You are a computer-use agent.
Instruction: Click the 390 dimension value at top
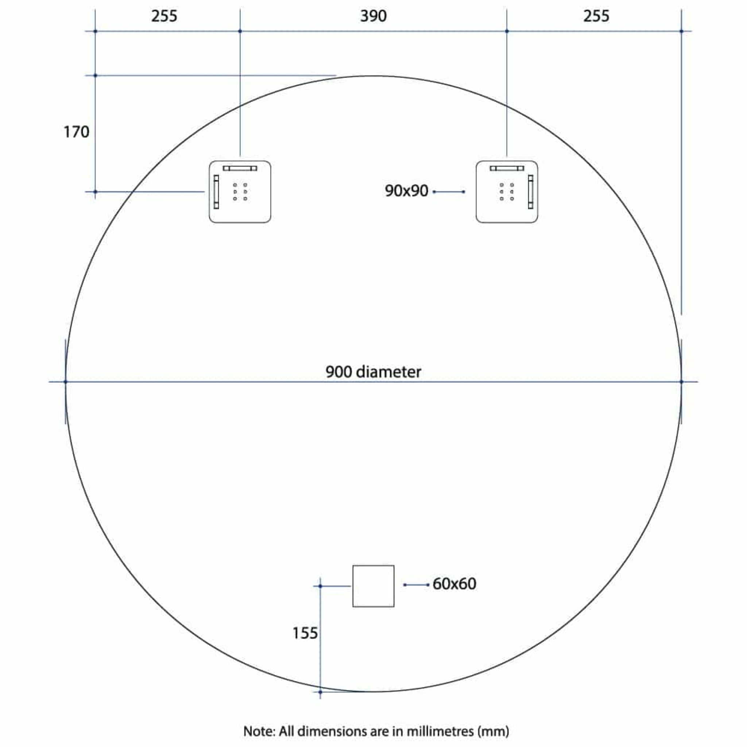(373, 16)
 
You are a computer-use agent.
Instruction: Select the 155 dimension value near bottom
(305, 633)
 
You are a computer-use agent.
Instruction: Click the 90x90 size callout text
(406, 191)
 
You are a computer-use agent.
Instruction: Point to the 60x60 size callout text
(454, 584)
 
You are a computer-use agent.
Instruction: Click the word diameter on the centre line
(388, 372)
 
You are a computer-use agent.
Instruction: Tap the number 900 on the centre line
(339, 372)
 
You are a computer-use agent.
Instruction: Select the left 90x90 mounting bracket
(240, 192)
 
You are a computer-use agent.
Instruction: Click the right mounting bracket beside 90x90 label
(507, 192)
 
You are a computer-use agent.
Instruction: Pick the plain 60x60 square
(373, 586)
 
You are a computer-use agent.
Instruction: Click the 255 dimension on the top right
(596, 16)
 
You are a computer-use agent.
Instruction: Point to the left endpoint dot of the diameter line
(65, 382)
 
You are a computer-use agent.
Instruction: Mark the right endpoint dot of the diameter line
(681, 382)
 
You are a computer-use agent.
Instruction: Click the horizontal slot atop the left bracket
(240, 168)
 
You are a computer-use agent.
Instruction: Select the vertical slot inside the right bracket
(530, 192)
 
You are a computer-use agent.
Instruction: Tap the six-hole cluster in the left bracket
(240, 192)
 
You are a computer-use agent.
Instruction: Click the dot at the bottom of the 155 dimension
(320, 692)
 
